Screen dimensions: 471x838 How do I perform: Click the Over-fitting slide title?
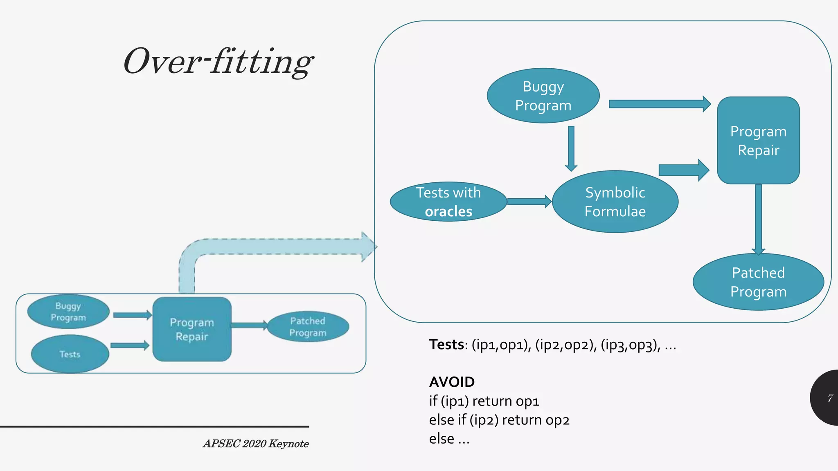click(x=218, y=61)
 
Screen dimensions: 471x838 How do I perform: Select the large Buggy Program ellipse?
click(x=543, y=96)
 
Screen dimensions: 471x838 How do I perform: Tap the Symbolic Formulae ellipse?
click(x=615, y=202)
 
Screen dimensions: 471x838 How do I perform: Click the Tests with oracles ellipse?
click(x=448, y=202)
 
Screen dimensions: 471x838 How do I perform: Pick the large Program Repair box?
click(x=758, y=140)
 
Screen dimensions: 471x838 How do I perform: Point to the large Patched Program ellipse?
click(x=758, y=282)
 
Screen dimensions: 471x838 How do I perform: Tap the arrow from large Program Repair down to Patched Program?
click(x=758, y=219)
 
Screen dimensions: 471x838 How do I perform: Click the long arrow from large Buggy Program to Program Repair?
click(x=659, y=104)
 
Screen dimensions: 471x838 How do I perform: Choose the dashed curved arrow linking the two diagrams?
click(x=278, y=247)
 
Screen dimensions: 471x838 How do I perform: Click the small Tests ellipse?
click(x=70, y=354)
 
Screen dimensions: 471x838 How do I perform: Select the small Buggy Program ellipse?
click(x=68, y=312)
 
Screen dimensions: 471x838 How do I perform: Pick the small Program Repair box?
click(x=192, y=329)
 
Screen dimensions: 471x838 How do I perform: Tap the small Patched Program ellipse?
click(x=308, y=327)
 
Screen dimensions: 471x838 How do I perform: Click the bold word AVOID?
click(x=452, y=382)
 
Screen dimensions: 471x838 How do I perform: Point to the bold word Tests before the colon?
click(x=446, y=345)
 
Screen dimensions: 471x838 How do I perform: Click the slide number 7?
click(x=830, y=398)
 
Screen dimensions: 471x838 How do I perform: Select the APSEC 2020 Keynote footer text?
click(x=256, y=444)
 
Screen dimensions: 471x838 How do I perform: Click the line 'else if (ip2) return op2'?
click(x=499, y=420)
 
